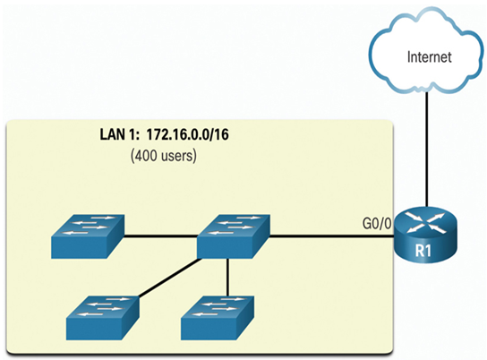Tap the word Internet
(429, 57)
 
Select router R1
(426, 235)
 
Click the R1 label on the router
(423, 251)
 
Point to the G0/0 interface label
(377, 223)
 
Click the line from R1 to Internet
(427, 149)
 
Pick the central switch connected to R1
(234, 236)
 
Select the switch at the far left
(88, 236)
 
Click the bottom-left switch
(103, 317)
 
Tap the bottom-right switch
(218, 317)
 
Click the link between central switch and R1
(332, 237)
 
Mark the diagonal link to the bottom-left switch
(169, 279)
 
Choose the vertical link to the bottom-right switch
(227, 277)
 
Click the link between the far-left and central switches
(161, 237)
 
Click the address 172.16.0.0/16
(188, 135)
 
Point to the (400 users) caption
(164, 156)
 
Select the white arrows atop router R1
(426, 222)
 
